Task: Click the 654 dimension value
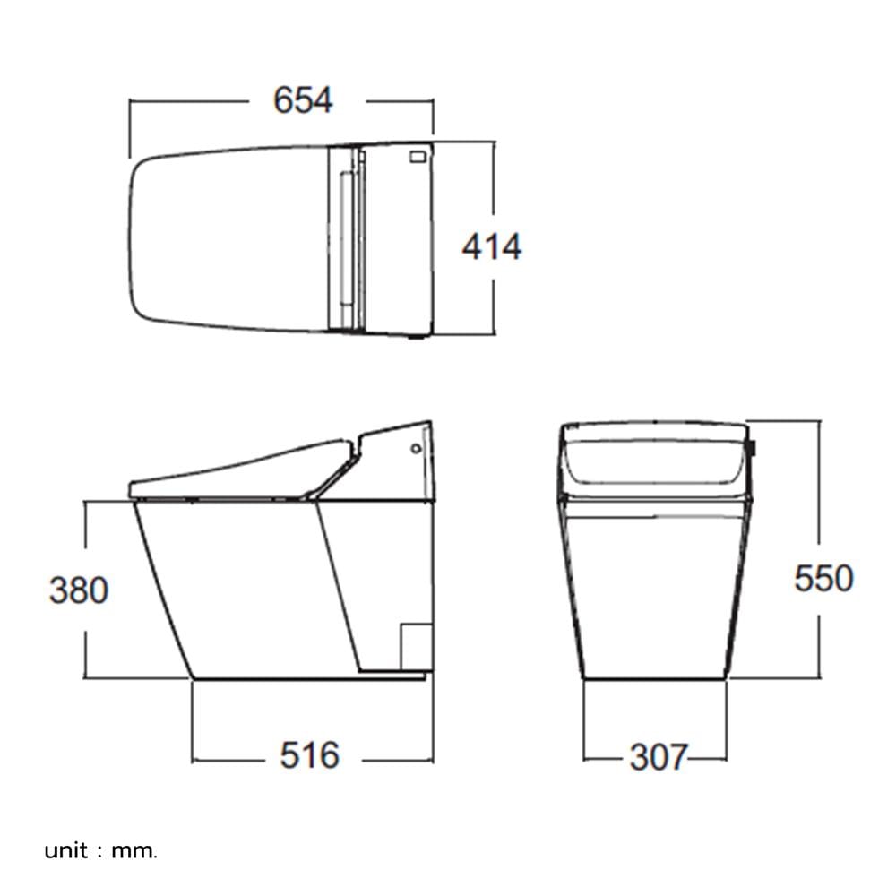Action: [303, 100]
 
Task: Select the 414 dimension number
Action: [492, 247]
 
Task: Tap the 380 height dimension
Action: [79, 590]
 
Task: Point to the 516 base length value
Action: [310, 755]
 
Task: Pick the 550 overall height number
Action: [824, 578]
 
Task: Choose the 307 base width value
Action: [657, 758]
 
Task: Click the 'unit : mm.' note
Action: [100, 851]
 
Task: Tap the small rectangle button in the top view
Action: [418, 155]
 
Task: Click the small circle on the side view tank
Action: [417, 449]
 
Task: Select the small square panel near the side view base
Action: [416, 647]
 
